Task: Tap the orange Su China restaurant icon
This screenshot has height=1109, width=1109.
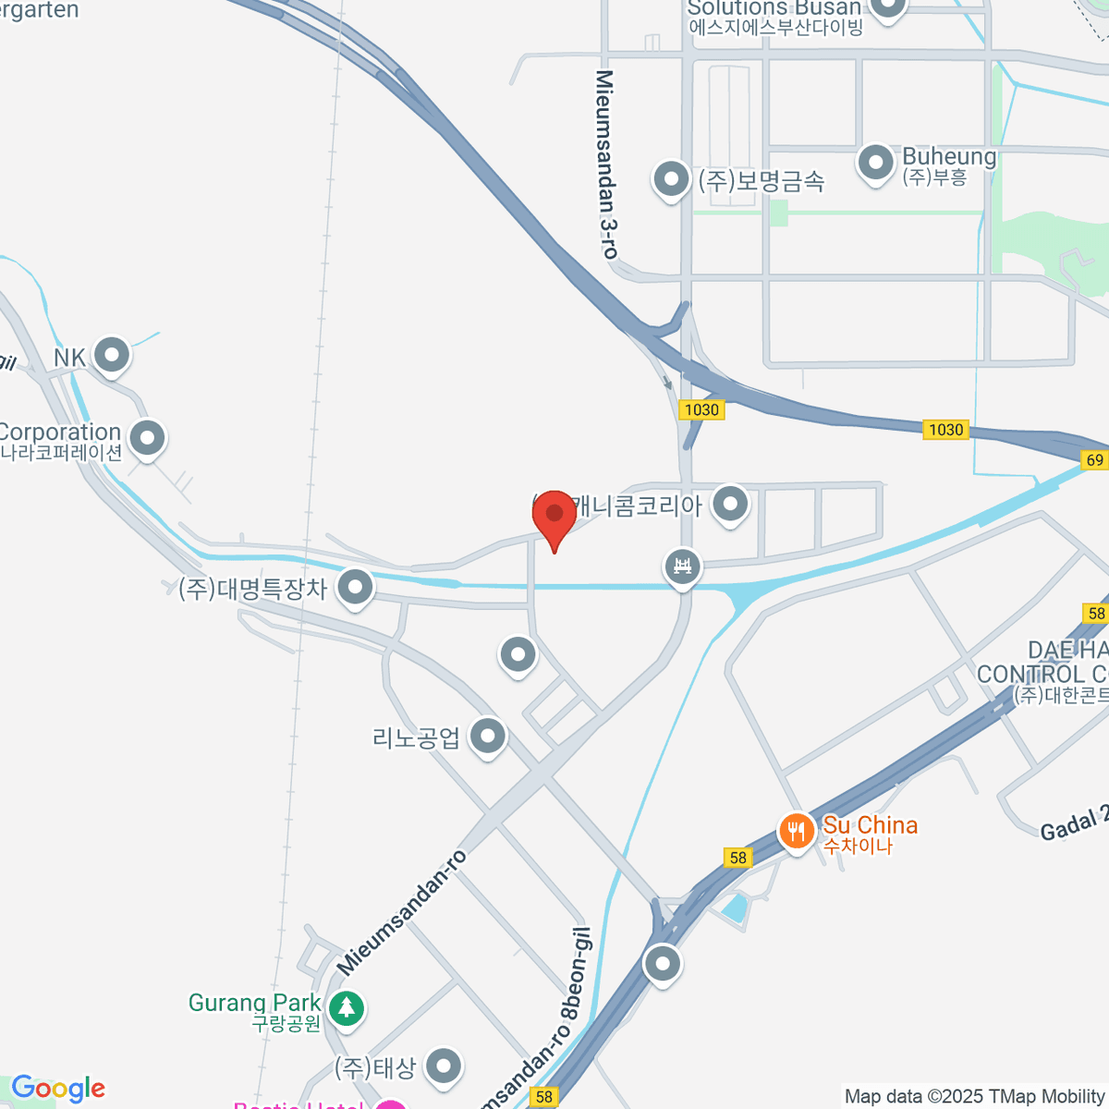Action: (796, 831)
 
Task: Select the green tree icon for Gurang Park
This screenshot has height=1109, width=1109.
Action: (347, 1007)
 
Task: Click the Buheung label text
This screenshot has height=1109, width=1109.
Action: (949, 156)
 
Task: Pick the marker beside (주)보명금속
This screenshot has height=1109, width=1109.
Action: (671, 177)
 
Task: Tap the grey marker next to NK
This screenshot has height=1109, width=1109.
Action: (112, 354)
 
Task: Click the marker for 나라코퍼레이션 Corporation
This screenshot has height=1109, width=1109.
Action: (147, 438)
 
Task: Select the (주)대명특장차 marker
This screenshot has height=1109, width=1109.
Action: (355, 586)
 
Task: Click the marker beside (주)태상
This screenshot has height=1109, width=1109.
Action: (445, 1066)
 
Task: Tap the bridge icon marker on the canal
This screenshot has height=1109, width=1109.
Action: (683, 566)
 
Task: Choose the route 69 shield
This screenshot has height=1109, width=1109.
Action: (1095, 459)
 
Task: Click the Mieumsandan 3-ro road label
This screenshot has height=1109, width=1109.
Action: (606, 164)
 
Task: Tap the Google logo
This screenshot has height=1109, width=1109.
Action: (58, 1089)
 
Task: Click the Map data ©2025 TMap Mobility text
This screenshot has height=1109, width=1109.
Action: (974, 1097)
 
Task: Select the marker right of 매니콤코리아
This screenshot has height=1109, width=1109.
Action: (731, 504)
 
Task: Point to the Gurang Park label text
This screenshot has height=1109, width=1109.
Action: (254, 1003)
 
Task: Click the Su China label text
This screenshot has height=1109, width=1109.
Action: (870, 825)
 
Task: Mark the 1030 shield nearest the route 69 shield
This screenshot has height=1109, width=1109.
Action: (945, 430)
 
